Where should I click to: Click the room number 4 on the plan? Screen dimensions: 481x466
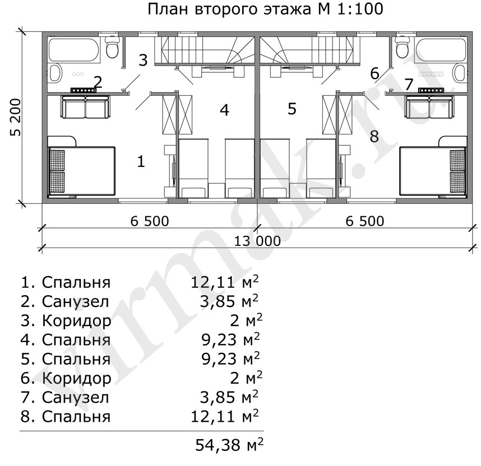coord(225,110)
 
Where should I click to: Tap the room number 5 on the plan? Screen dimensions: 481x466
coord(292,109)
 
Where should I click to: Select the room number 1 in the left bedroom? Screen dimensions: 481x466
coord(141,161)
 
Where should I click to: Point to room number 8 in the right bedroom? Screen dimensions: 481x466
coord(374,137)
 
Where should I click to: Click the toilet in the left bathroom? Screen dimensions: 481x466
coord(112,46)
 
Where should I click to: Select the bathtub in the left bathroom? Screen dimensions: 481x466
coord(74,50)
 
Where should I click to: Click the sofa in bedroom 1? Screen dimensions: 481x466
coord(85,107)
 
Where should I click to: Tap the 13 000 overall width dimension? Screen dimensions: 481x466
coord(257,241)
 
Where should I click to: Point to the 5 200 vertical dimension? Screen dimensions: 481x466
coord(16,118)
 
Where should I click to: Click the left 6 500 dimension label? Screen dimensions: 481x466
coord(150,221)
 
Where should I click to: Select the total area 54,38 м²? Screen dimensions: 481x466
coord(229,445)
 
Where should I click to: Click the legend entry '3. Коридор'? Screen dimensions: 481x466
coord(66,321)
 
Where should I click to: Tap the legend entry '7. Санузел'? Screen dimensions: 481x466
coord(64,397)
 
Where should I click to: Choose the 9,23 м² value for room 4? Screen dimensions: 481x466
coord(230,339)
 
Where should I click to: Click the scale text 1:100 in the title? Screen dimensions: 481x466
coord(361,8)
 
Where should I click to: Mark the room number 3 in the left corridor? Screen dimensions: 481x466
coord(143,60)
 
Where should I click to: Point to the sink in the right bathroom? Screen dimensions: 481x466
coord(460,73)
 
